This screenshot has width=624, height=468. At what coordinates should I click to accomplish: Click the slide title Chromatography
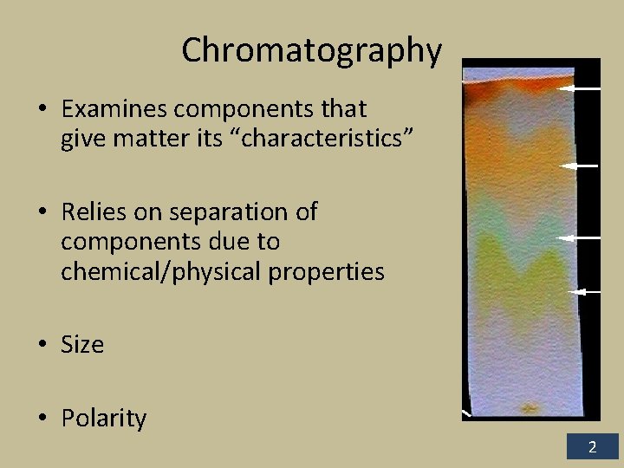tap(311, 51)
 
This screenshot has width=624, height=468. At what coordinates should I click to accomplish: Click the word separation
tap(222, 212)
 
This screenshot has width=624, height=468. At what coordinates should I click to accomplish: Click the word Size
tap(82, 345)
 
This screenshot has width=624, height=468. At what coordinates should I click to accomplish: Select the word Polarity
tap(103, 419)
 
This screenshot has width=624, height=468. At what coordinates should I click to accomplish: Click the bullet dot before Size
tap(42, 346)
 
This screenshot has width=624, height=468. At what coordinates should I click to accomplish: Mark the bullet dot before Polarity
tap(42, 419)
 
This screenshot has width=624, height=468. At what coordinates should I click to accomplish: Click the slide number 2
tap(593, 448)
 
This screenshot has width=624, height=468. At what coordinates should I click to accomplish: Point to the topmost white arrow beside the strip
tap(578, 88)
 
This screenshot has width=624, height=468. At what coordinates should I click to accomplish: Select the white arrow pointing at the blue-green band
tap(578, 237)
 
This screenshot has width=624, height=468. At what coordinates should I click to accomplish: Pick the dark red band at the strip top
tap(511, 87)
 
